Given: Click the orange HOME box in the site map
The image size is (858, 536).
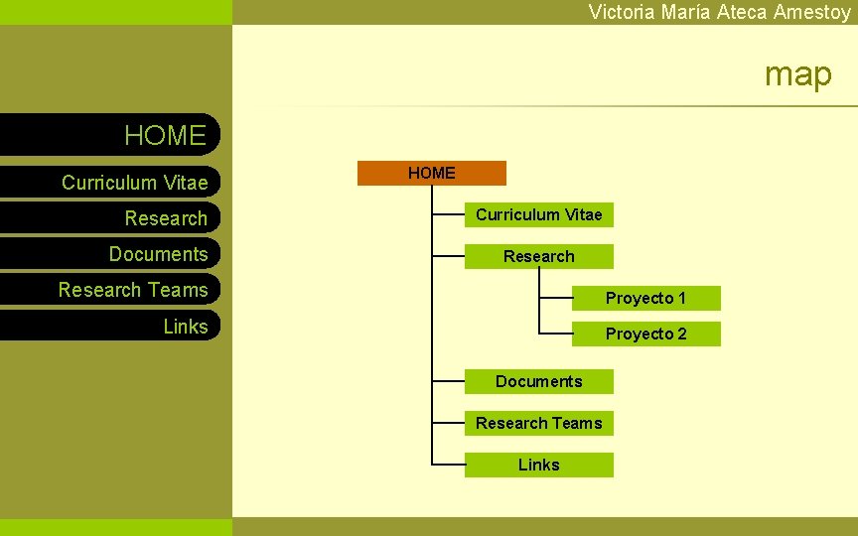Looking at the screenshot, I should [x=432, y=174].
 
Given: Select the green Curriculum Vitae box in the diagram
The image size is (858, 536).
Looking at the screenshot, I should [x=538, y=215].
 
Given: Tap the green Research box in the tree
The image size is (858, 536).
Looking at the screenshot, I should [x=538, y=257].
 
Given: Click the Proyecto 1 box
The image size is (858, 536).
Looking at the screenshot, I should [x=645, y=299].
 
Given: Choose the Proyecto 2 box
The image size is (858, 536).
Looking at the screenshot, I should [x=645, y=335].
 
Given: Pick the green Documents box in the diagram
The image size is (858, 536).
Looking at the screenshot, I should [x=538, y=382].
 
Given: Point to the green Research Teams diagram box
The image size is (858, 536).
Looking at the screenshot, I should [x=538, y=424].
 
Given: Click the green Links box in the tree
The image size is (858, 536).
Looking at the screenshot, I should [x=538, y=466].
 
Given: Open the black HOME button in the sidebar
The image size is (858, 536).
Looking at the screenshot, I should [x=164, y=135].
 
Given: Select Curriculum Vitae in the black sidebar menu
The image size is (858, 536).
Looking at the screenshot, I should [x=134, y=183].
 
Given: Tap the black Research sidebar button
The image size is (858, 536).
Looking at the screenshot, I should [x=165, y=218].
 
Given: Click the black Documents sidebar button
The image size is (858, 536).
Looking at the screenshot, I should [x=158, y=254].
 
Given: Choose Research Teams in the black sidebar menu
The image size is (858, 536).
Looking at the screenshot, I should [x=133, y=290].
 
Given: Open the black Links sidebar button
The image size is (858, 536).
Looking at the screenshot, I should [x=185, y=326].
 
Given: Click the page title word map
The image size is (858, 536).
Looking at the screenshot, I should [x=797, y=74].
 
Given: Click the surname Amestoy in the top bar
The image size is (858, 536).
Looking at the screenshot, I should [x=811, y=12].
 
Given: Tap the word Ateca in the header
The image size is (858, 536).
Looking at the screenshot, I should [x=736, y=12].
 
